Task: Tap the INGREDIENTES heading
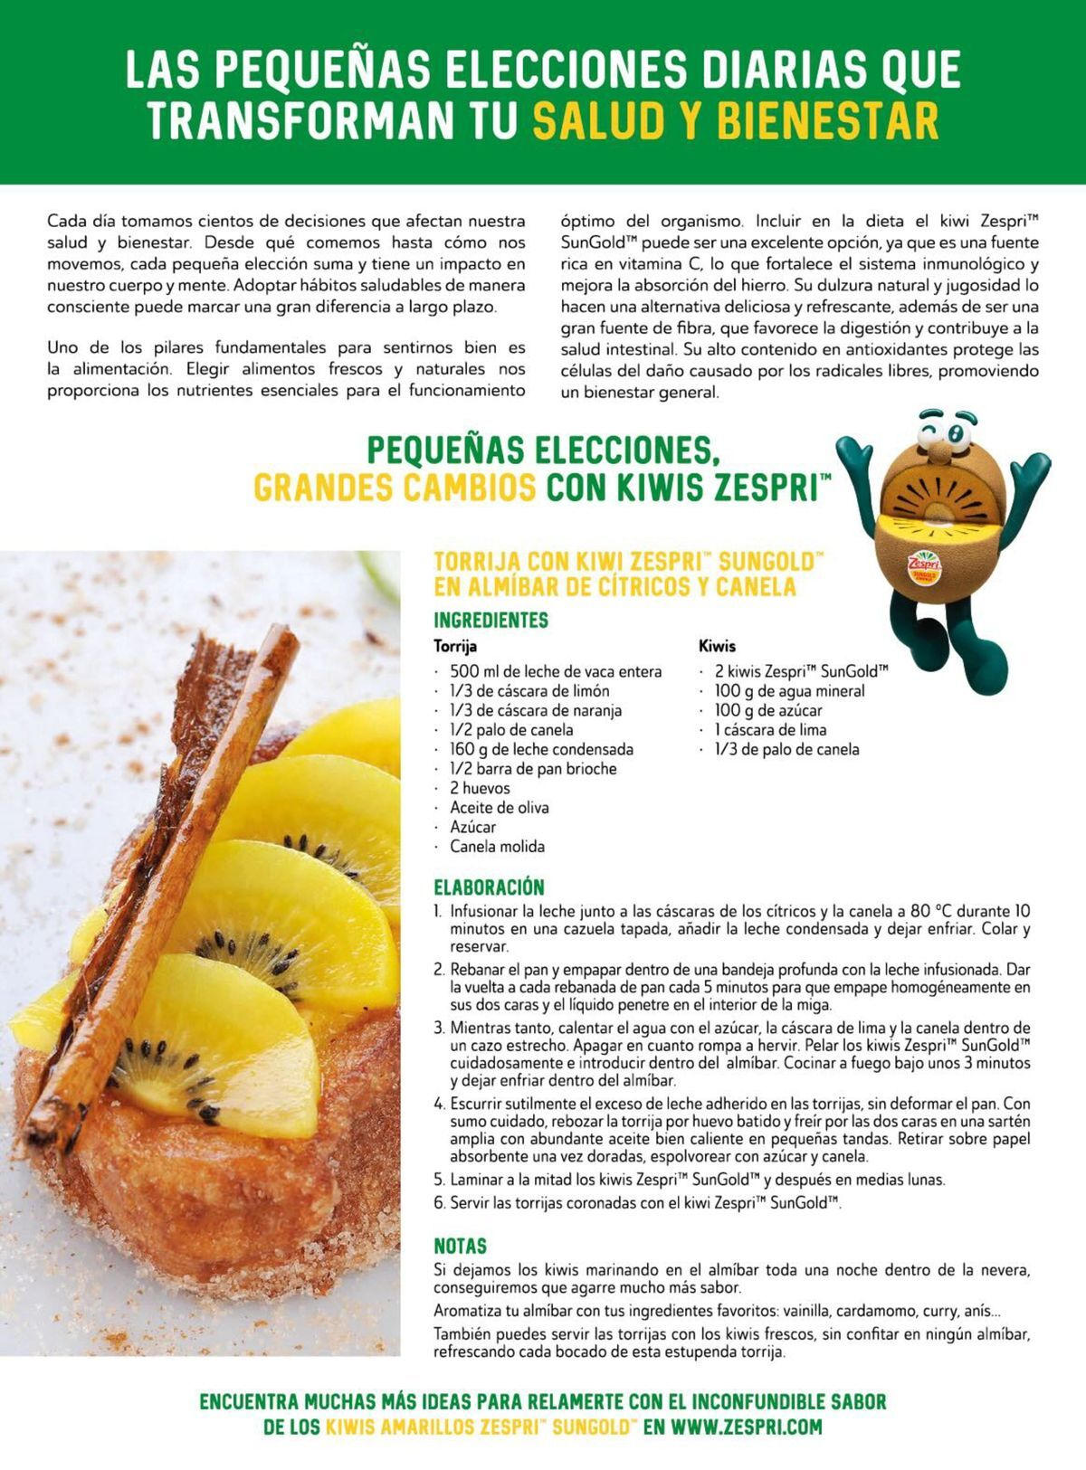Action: [x=491, y=621]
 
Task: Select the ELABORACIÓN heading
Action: [x=489, y=887]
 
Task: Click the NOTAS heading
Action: [x=460, y=1246]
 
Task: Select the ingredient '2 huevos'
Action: [x=480, y=788]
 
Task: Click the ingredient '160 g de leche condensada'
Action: [x=541, y=749]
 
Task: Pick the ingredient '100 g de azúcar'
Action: [x=768, y=710]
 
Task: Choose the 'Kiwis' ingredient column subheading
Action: [x=717, y=646]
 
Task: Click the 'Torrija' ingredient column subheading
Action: [x=455, y=646]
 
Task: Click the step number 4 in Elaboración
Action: [x=439, y=1105]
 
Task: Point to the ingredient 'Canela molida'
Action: [x=497, y=847]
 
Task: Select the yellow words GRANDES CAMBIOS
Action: [x=395, y=488]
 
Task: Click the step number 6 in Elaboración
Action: [x=439, y=1203]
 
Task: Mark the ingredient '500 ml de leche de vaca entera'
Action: [x=556, y=671]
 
